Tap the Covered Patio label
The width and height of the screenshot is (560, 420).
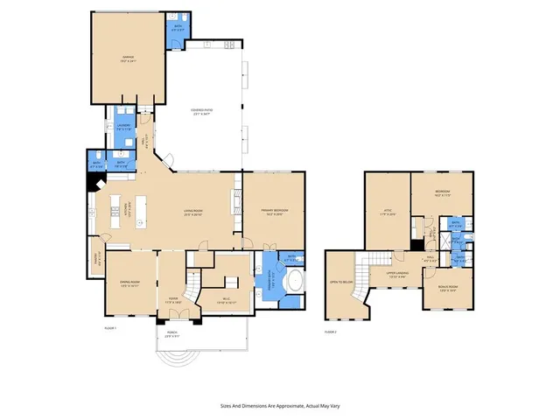coord(203,111)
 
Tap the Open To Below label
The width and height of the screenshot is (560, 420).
coord(341,283)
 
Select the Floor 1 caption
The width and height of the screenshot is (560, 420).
coord(109,326)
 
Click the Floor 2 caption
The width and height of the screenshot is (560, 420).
coord(331,332)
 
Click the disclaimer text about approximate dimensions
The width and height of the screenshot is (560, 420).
coord(280,406)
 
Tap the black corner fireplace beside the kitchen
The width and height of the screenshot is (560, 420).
coord(94,182)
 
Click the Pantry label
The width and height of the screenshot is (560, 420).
coord(99,259)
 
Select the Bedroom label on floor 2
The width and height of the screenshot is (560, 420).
coord(443,192)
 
